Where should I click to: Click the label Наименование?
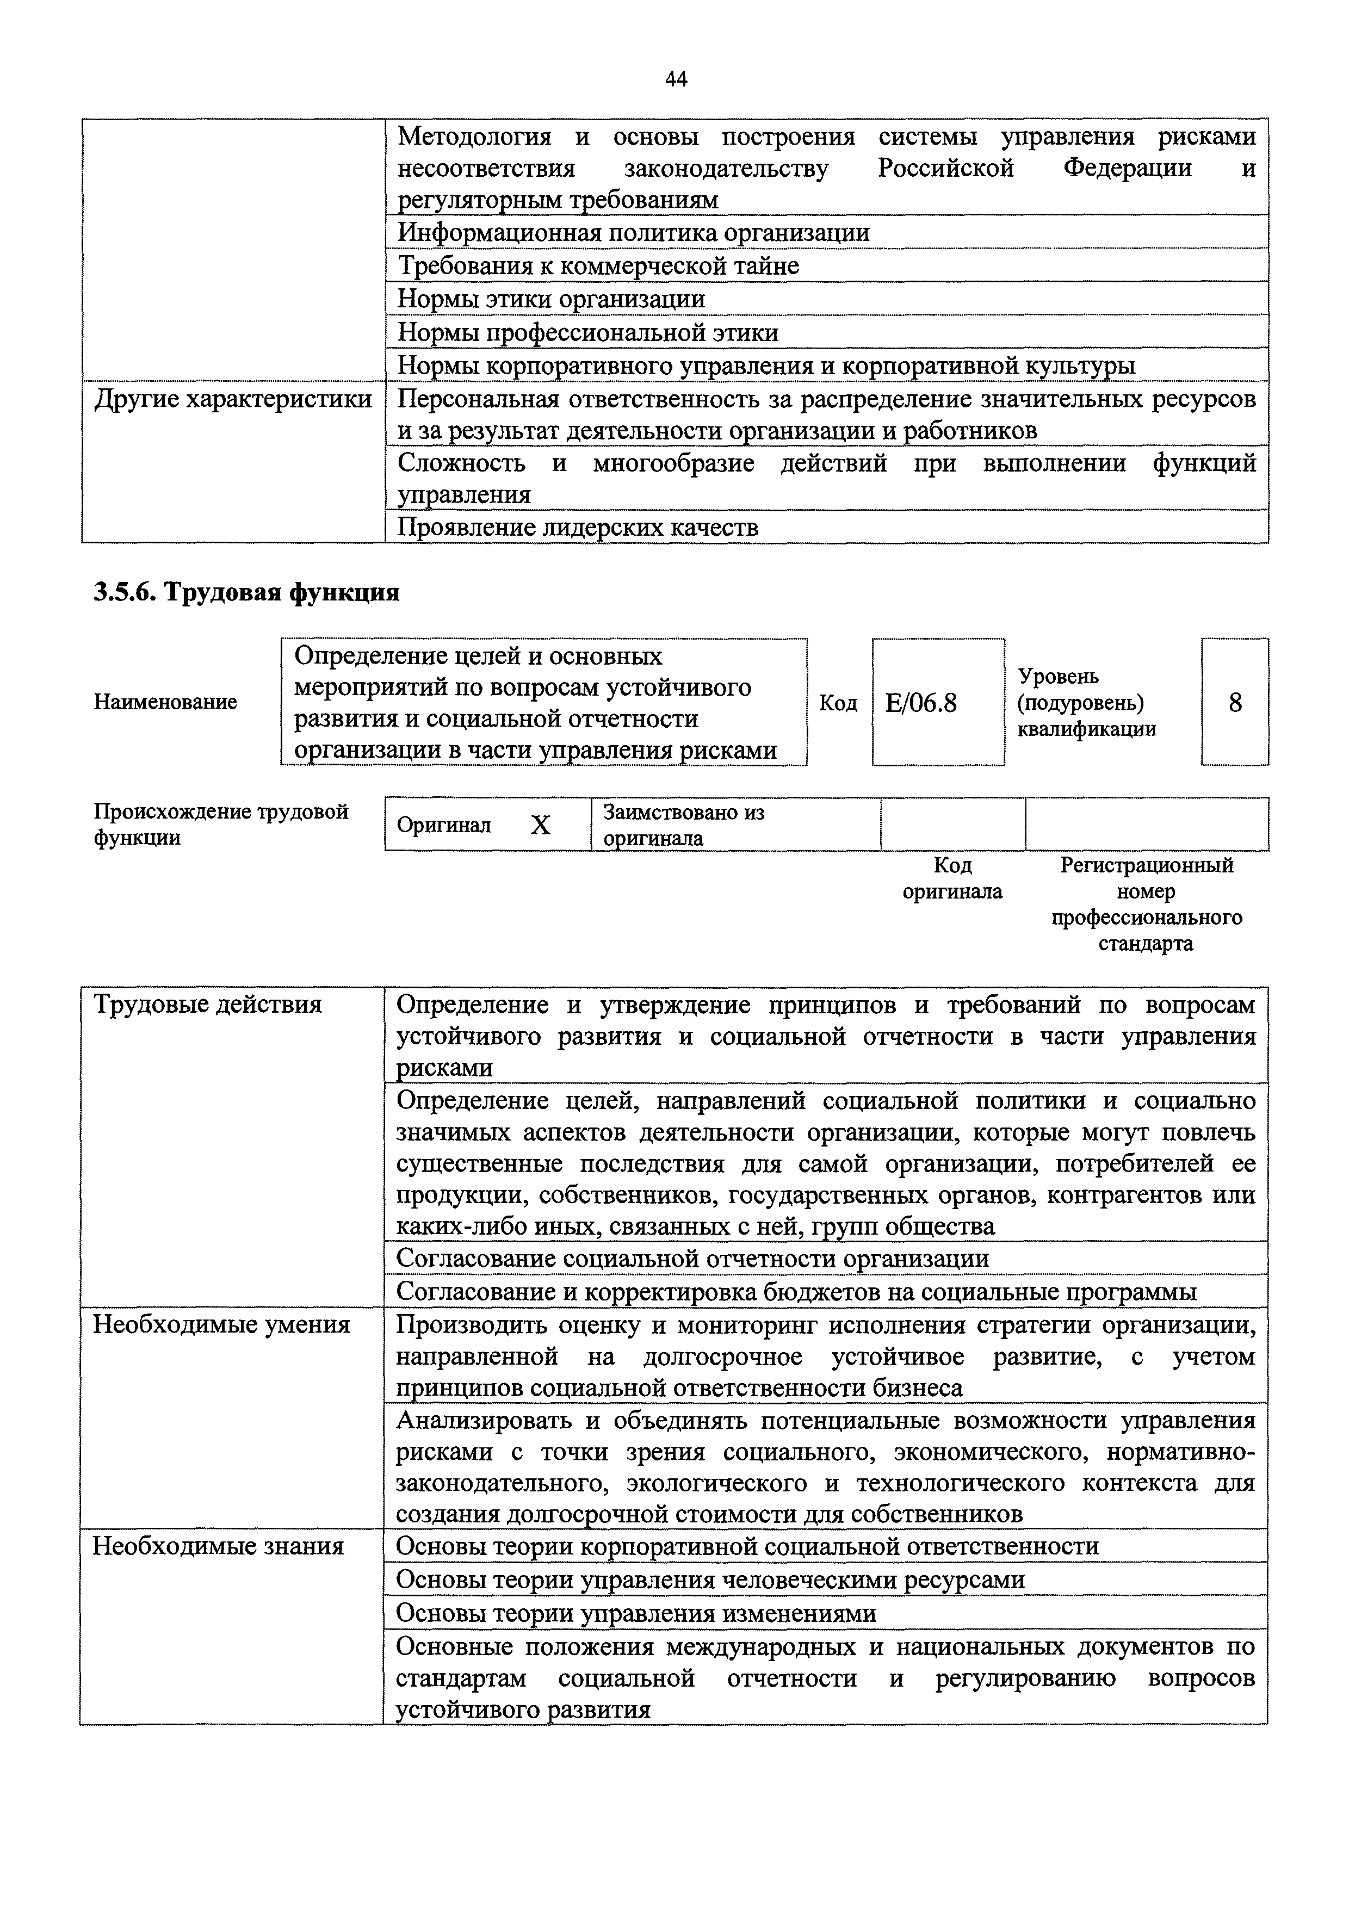point(165,702)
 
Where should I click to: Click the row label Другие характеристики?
point(233,400)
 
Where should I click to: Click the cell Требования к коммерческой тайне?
point(598,266)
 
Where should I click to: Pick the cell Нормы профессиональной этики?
point(587,332)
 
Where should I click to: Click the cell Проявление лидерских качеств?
point(578,528)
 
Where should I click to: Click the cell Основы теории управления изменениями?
point(636,1613)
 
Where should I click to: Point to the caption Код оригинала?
point(952,878)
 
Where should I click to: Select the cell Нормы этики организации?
point(551,299)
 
